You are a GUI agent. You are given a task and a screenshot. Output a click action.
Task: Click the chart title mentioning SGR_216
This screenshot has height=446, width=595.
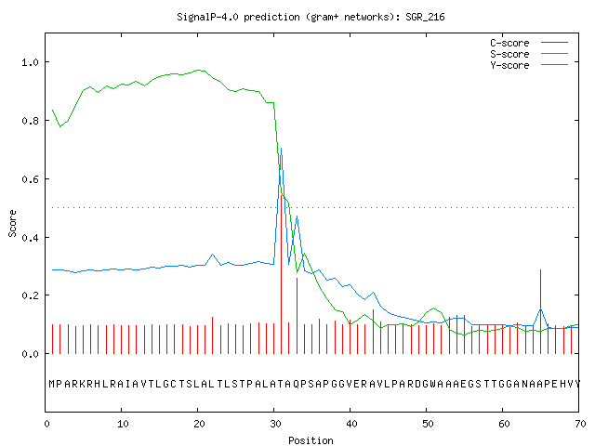(x=311, y=17)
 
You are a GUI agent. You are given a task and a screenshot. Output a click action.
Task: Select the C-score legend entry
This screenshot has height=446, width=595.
(x=529, y=43)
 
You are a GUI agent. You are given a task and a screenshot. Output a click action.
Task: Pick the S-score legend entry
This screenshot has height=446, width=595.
(x=529, y=54)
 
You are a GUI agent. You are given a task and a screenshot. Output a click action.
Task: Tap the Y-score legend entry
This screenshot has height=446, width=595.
(x=529, y=65)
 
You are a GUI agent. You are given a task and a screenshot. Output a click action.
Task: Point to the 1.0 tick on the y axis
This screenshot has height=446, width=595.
(x=30, y=62)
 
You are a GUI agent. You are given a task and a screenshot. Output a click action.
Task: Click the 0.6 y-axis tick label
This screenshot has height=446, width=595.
(x=30, y=179)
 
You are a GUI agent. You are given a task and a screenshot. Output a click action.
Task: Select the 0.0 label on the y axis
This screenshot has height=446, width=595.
(x=30, y=354)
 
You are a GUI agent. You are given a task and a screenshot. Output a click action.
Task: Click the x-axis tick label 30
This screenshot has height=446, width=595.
(x=275, y=424)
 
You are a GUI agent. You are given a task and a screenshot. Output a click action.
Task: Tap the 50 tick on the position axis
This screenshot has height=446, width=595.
(x=428, y=424)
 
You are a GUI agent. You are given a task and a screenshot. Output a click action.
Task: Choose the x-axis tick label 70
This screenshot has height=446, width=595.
(x=580, y=424)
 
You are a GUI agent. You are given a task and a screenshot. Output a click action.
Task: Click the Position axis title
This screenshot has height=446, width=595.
(x=311, y=440)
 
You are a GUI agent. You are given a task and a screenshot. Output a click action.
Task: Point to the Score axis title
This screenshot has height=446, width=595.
(x=12, y=224)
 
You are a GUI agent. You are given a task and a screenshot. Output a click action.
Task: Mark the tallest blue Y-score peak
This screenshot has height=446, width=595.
(x=281, y=149)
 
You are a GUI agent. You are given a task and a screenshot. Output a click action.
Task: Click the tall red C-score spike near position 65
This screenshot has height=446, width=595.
(x=541, y=312)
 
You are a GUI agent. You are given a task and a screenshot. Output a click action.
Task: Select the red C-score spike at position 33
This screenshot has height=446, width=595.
(x=297, y=316)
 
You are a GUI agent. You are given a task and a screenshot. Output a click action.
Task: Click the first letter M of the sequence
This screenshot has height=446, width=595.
(x=52, y=384)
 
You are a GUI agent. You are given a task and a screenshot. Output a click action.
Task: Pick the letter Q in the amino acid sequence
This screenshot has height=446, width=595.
(x=297, y=384)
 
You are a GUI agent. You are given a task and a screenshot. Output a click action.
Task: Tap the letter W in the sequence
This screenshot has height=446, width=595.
(x=433, y=384)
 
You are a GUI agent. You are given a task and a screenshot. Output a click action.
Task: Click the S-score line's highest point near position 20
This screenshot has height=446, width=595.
(x=198, y=70)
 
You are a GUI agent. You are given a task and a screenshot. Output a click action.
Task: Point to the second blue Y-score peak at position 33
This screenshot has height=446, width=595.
(x=297, y=216)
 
